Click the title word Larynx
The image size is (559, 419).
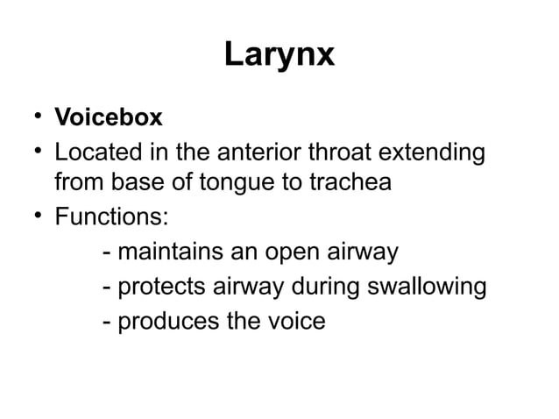279,55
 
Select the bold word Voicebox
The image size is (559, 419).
108,117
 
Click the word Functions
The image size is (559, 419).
110,219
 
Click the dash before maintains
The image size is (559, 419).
107,254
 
